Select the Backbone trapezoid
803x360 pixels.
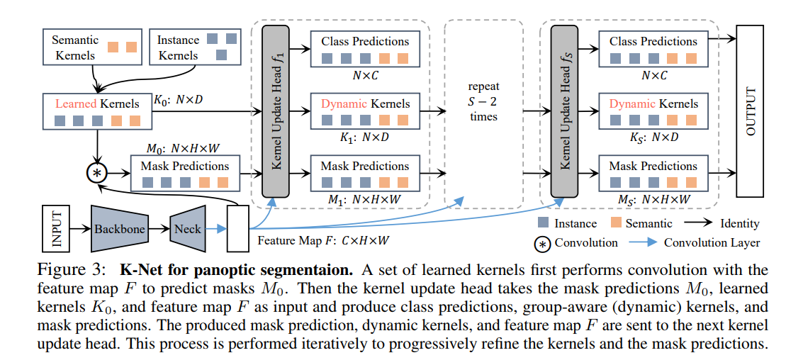(120, 229)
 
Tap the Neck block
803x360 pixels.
(188, 228)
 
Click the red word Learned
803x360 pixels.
(77, 103)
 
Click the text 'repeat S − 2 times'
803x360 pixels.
(483, 101)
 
